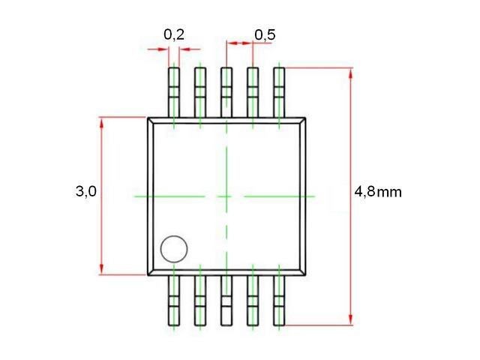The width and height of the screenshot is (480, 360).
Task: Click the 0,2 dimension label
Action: coord(174,35)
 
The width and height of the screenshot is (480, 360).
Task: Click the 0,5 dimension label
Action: coord(265,35)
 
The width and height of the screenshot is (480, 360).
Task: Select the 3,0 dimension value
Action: coord(86,192)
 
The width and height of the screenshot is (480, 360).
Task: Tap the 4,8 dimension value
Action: coord(364,192)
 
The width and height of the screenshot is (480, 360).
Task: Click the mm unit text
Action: coord(389,193)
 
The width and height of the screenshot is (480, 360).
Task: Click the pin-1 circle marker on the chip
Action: coord(174,249)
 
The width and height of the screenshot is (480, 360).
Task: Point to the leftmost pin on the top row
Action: coord(174,92)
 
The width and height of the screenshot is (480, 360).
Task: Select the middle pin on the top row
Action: coord(226,92)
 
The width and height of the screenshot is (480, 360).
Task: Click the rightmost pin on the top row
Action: coord(279,92)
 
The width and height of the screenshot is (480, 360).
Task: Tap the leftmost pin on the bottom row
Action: coord(174,300)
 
